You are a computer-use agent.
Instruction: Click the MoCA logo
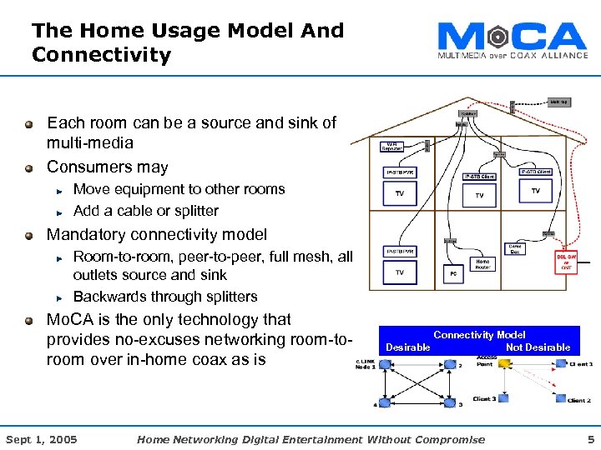point(512,40)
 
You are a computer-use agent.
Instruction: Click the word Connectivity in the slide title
point(101,56)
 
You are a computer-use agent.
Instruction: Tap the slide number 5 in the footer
point(590,439)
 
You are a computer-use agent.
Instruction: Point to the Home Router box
point(482,264)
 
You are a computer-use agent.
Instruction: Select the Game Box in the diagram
point(515,250)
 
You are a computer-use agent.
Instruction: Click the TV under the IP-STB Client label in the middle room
point(479,194)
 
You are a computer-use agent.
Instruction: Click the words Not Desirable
point(538,347)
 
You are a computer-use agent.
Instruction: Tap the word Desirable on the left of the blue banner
point(408,347)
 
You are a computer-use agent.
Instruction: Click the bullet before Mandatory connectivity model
point(29,235)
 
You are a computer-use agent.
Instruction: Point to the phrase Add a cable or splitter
point(146,211)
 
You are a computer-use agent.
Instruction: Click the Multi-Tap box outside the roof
point(558,102)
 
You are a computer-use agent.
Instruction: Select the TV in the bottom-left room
point(400,272)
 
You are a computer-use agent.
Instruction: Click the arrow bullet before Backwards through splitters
point(60,297)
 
